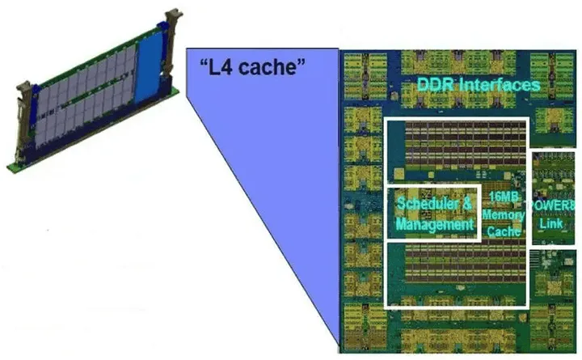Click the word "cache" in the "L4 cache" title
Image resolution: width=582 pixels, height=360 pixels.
click(267, 67)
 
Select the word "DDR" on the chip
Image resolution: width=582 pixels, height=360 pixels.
click(436, 85)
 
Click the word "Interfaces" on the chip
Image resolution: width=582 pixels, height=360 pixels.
click(500, 85)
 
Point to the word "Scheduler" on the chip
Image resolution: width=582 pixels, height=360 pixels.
click(428, 204)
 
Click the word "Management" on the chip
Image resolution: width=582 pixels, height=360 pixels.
click(435, 224)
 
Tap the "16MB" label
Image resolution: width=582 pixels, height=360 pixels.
click(504, 197)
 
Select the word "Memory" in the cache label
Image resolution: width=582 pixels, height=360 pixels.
click(504, 214)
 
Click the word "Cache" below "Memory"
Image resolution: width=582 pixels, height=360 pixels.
click(504, 231)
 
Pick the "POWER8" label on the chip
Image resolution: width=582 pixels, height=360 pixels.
click(551, 205)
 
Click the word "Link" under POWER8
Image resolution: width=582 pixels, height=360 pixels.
click(551, 223)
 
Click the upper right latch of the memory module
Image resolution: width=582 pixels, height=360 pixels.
click(172, 41)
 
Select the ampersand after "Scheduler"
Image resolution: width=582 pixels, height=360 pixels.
click(467, 204)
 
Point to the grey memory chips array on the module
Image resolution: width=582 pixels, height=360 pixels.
click(86, 96)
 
